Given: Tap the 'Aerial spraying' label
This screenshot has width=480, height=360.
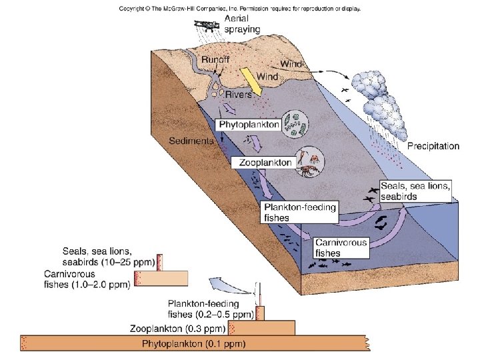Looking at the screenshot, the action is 242,23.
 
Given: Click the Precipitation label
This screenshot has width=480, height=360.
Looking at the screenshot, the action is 433,146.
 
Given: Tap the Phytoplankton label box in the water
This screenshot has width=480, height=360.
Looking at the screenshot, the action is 249,124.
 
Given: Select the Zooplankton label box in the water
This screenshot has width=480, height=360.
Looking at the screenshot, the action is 265,162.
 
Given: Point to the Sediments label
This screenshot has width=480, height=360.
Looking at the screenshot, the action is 191,141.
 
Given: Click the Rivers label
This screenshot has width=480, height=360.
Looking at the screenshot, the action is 239,94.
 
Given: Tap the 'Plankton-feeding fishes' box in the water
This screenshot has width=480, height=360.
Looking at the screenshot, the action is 299,212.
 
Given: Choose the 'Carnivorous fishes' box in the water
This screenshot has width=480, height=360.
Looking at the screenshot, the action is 340,248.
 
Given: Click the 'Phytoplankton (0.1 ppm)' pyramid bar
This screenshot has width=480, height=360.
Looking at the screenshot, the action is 193,344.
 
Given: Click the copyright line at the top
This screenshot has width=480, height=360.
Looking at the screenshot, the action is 240,9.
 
